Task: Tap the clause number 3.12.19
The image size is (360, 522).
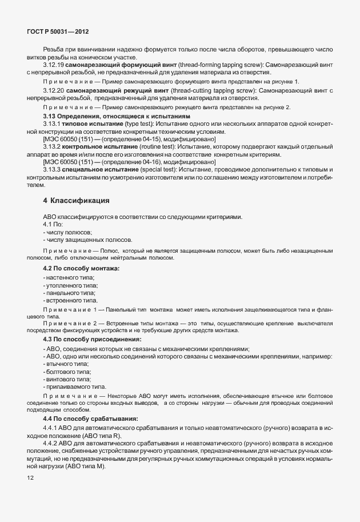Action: (54, 66)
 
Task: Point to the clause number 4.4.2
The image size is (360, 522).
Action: (50, 444)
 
